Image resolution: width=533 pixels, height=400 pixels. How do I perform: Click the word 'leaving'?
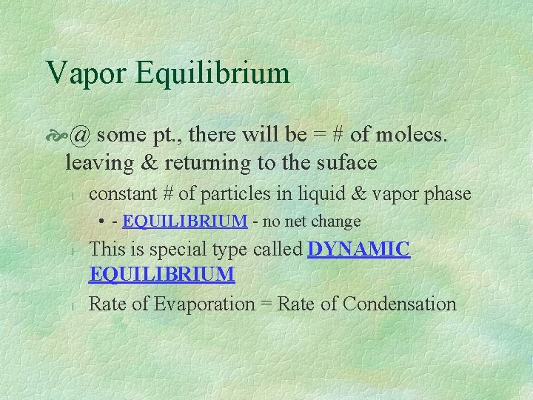click(x=95, y=161)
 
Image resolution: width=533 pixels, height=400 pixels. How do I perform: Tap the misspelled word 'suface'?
click(x=347, y=161)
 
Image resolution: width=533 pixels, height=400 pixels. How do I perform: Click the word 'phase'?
click(x=445, y=195)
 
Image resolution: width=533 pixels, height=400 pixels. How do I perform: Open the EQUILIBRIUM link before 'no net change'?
click(x=185, y=221)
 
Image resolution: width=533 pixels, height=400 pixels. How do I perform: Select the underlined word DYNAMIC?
click(x=358, y=250)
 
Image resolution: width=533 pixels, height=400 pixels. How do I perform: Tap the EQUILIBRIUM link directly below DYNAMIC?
click(x=161, y=275)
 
